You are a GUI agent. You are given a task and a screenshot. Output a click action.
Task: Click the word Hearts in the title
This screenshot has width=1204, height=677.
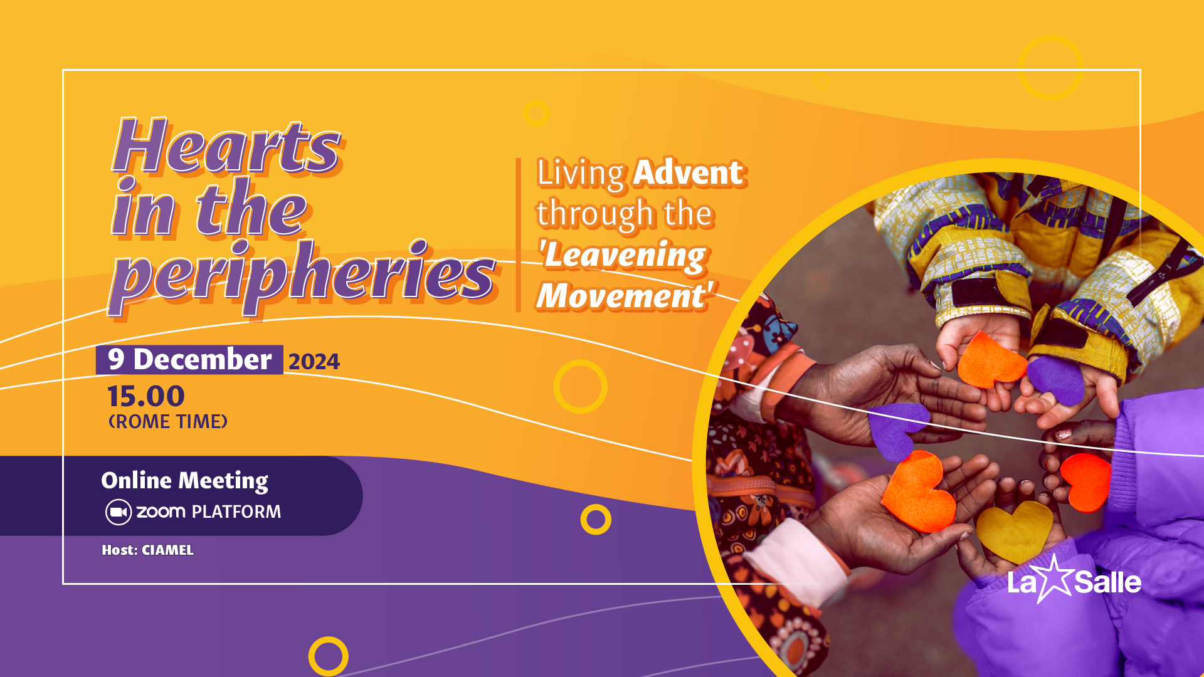pyautogui.click(x=227, y=146)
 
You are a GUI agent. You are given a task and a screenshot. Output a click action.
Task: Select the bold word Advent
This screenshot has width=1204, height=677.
pyautogui.click(x=689, y=172)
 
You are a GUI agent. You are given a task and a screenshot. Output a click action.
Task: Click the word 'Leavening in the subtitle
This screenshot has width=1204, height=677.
pyautogui.click(x=623, y=256)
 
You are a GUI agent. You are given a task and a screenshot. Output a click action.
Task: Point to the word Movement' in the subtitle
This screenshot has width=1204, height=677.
pyautogui.click(x=625, y=295)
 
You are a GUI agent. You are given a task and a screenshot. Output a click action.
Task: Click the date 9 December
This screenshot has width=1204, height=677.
pyautogui.click(x=189, y=360)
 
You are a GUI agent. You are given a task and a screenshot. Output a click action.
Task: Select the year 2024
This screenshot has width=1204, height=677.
pyautogui.click(x=314, y=362)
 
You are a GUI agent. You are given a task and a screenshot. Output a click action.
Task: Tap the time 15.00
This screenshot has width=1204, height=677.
pyautogui.click(x=146, y=396)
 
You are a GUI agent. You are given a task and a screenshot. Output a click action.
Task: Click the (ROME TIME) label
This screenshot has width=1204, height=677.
pyautogui.click(x=168, y=421)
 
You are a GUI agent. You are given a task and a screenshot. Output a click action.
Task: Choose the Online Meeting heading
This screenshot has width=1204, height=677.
pyautogui.click(x=185, y=481)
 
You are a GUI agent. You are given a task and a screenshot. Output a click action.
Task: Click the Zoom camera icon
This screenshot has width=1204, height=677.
pyautogui.click(x=118, y=512)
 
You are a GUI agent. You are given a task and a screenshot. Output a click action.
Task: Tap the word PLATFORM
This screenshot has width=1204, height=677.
pyautogui.click(x=236, y=512)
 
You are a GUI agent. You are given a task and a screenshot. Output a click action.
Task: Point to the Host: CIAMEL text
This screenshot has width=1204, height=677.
pyautogui.click(x=147, y=550)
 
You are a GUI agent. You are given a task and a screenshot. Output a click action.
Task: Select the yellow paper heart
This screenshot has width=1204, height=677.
pyautogui.click(x=1014, y=531)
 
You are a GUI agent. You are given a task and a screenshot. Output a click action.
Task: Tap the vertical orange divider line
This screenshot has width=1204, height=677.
pyautogui.click(x=519, y=235)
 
